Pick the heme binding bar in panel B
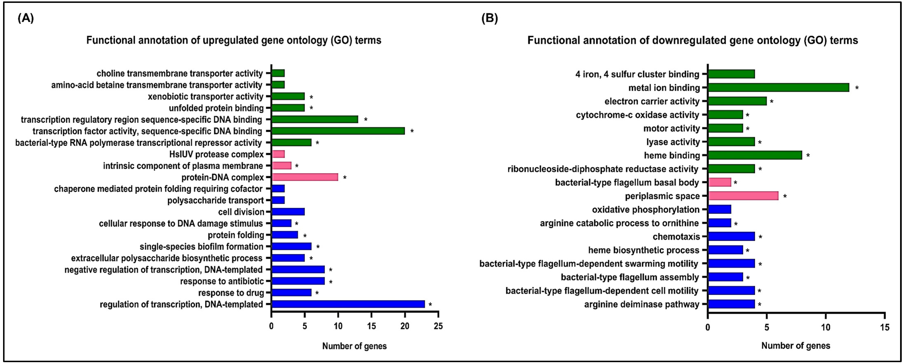(x=755, y=156)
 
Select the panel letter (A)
(x=26, y=18)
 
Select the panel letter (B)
(x=489, y=18)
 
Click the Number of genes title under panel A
(x=355, y=346)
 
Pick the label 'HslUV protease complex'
(x=216, y=154)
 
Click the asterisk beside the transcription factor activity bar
(x=412, y=131)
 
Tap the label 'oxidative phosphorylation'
(x=646, y=210)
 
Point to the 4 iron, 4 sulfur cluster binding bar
(x=731, y=74)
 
